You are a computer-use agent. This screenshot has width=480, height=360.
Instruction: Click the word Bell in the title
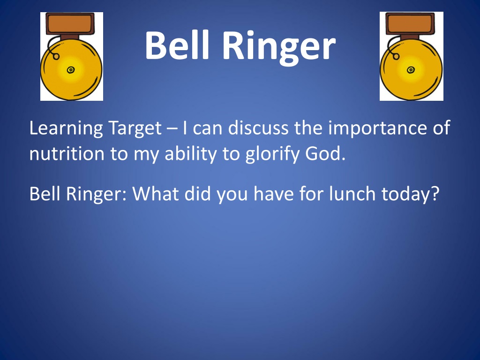(177, 45)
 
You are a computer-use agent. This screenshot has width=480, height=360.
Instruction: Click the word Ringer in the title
(279, 47)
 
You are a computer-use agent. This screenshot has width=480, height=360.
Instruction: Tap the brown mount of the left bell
(70, 24)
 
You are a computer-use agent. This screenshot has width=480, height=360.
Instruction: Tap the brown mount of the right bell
(410, 24)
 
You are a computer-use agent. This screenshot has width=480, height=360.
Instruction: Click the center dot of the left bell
(71, 70)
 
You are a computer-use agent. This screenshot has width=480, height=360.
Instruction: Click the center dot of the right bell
(411, 70)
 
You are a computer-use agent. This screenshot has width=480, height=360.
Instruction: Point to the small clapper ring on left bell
(56, 56)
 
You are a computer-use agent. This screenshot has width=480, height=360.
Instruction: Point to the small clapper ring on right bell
(396, 56)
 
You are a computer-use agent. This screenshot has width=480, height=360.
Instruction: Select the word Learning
(66, 128)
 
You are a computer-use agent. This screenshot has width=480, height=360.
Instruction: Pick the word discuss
(258, 127)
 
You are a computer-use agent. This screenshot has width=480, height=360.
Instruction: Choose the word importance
(377, 128)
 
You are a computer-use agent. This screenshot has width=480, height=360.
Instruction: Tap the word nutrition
(67, 154)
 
